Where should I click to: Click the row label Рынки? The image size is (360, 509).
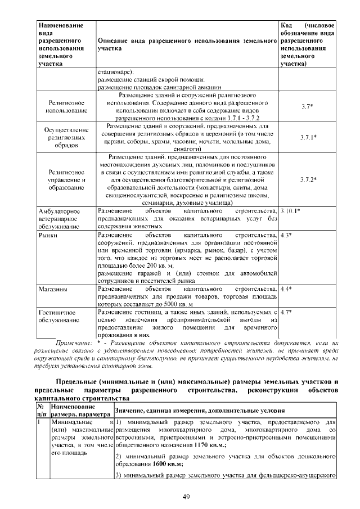click(47, 235)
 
